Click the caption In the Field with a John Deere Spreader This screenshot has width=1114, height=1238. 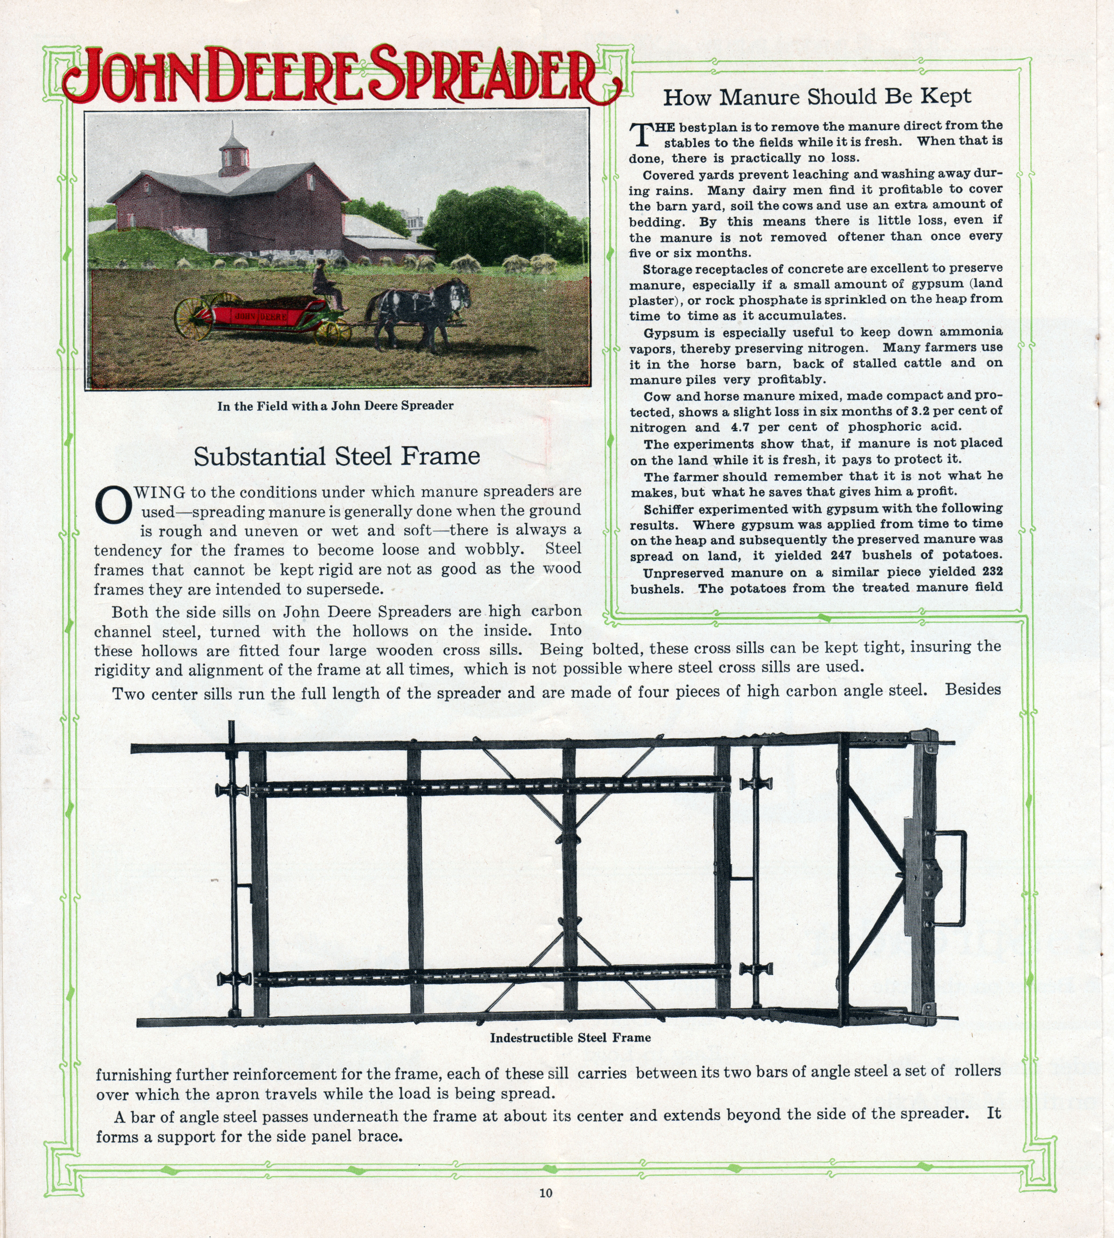point(335,406)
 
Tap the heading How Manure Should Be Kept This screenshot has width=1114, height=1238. point(817,97)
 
